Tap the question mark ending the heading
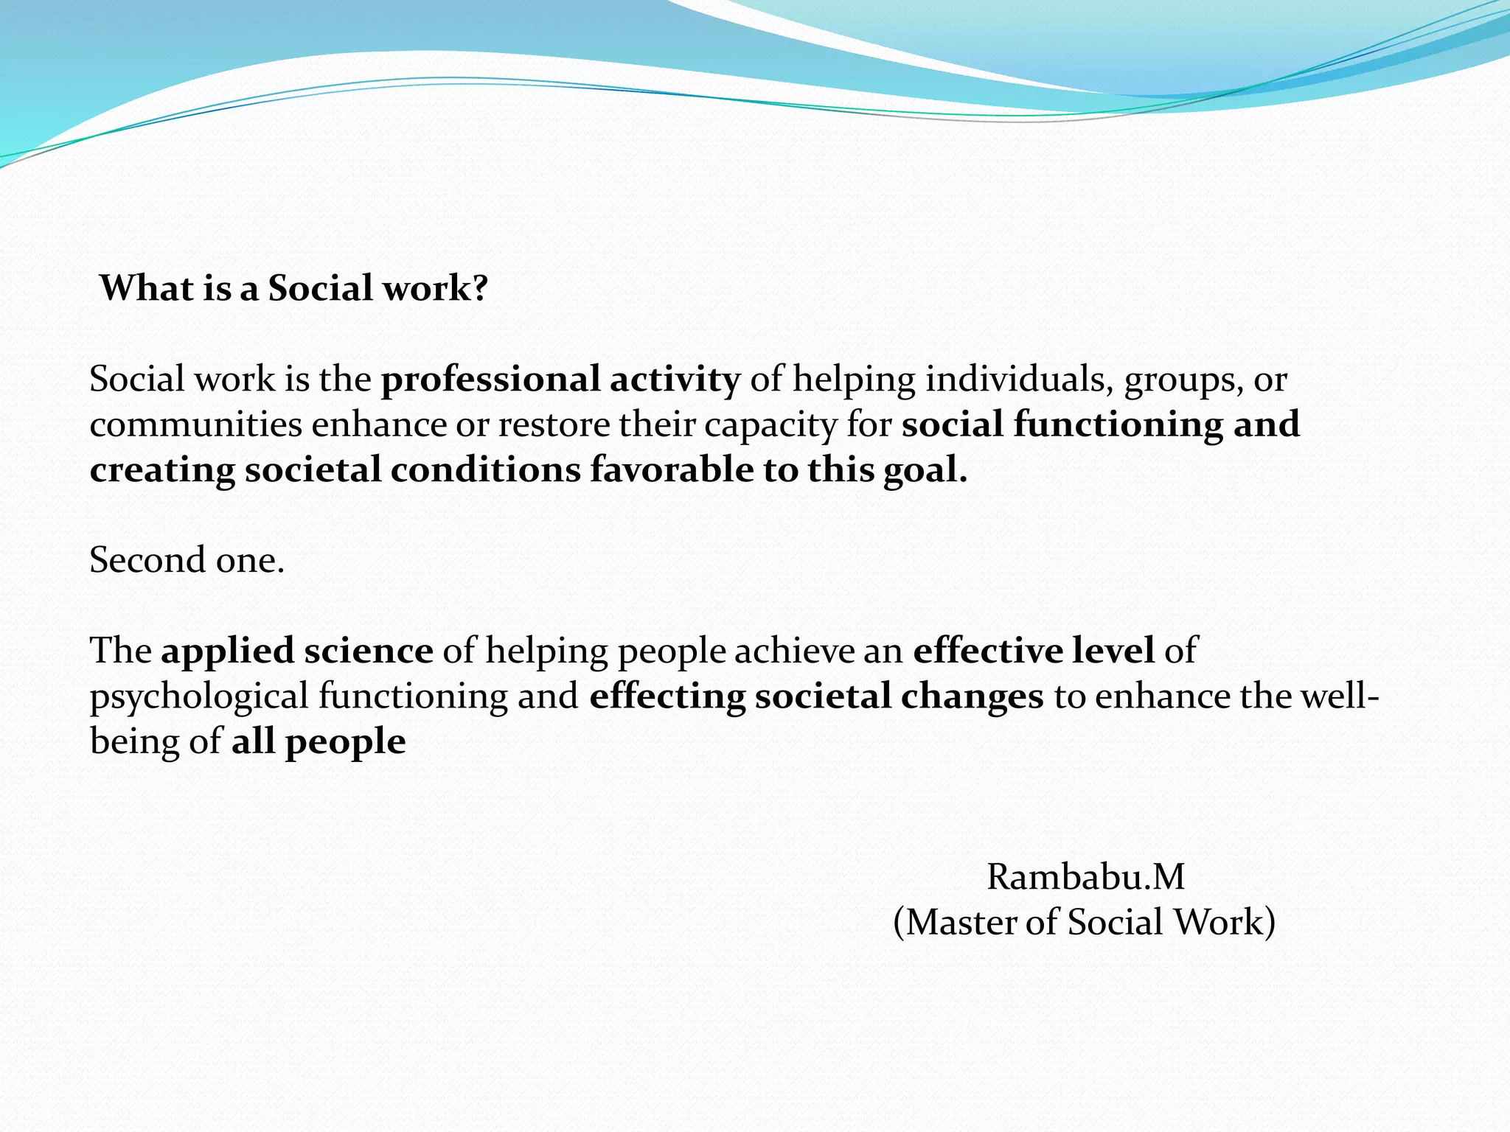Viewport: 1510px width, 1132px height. [480, 287]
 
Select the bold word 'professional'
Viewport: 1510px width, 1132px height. [490, 380]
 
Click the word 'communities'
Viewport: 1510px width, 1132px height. [195, 424]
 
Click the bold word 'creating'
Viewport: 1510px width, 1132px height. [162, 470]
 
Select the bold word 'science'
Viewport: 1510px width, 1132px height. [369, 651]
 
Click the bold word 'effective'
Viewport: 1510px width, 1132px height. [987, 651]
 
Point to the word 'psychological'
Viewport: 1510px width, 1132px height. [199, 697]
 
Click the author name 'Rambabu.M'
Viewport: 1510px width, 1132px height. [1085, 877]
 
